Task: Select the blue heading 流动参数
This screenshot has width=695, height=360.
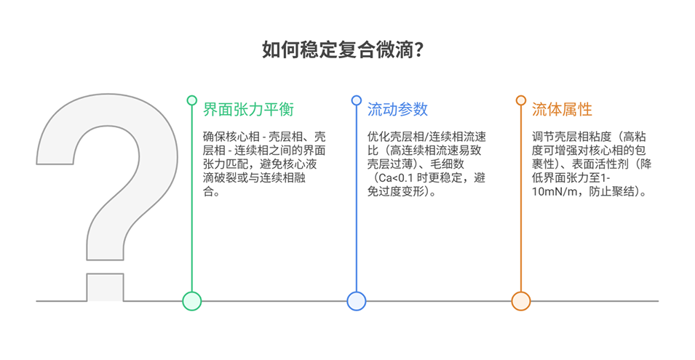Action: (397, 110)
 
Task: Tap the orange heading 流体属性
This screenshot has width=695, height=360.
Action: (562, 110)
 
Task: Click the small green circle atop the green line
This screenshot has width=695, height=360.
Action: (191, 100)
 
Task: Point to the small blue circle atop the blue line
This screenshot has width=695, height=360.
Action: (356, 100)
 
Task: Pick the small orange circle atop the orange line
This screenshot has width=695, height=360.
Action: (520, 100)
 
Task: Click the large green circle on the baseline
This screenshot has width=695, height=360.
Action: (191, 300)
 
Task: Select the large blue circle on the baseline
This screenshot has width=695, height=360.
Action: (356, 300)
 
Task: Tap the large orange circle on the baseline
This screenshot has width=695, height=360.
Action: (520, 300)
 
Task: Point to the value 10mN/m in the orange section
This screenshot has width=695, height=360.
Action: (554, 192)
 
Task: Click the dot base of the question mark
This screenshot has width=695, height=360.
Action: (105, 287)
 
